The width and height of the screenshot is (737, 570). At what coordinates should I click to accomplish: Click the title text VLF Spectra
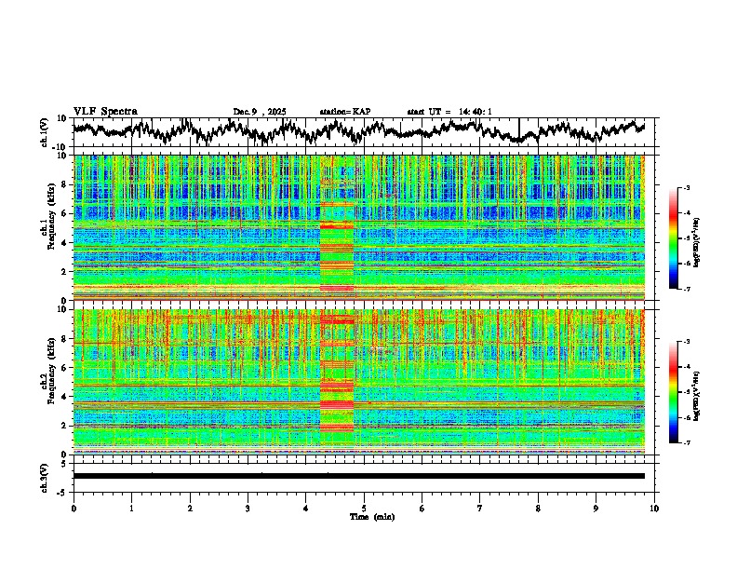105,112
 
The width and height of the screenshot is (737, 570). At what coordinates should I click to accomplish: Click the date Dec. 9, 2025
260,112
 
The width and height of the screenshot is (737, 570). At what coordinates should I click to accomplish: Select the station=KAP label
344,112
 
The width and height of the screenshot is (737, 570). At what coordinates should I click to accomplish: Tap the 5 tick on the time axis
364,508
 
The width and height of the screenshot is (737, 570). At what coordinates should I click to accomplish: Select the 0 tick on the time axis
74,508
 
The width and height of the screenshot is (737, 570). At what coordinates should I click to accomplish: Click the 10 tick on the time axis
654,508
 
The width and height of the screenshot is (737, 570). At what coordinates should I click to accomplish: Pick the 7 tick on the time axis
480,508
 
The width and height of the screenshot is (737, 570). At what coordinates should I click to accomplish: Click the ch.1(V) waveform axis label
44,132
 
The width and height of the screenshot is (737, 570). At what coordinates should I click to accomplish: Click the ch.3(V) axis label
44,476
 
